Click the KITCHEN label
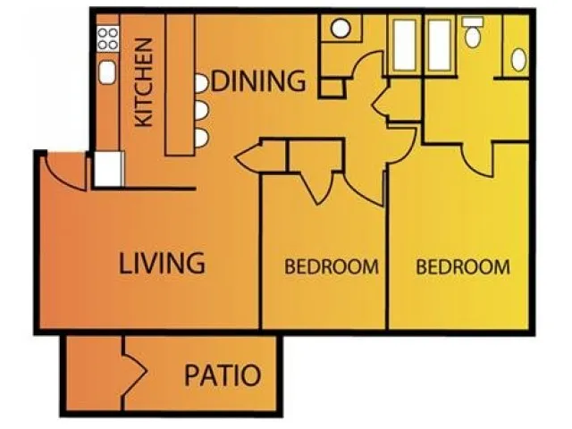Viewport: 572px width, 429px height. pyautogui.click(x=144, y=82)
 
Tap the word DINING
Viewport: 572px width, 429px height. pyautogui.click(x=258, y=80)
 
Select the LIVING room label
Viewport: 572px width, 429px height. pyautogui.click(x=162, y=263)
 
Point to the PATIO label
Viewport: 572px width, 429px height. pyautogui.click(x=223, y=375)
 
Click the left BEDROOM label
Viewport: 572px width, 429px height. pyautogui.click(x=332, y=266)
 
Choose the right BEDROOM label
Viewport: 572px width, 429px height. pyautogui.click(x=463, y=266)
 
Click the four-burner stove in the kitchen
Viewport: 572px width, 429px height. pyautogui.click(x=108, y=38)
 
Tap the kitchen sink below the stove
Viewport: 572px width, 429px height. pyautogui.click(x=107, y=72)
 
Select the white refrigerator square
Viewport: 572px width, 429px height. pyautogui.click(x=108, y=169)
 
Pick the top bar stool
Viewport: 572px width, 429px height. pyautogui.click(x=201, y=83)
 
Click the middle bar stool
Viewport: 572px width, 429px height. pyautogui.click(x=202, y=111)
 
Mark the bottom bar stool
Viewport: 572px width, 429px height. pyautogui.click(x=202, y=139)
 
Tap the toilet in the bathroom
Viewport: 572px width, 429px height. pyautogui.click(x=473, y=33)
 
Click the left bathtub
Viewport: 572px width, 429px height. pyautogui.click(x=405, y=46)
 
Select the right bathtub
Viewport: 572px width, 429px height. pyautogui.click(x=440, y=46)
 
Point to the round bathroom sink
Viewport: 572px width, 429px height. pyautogui.click(x=341, y=29)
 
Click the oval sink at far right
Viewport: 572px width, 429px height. pyautogui.click(x=518, y=60)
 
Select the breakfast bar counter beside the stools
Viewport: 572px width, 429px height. pyautogui.click(x=180, y=85)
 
